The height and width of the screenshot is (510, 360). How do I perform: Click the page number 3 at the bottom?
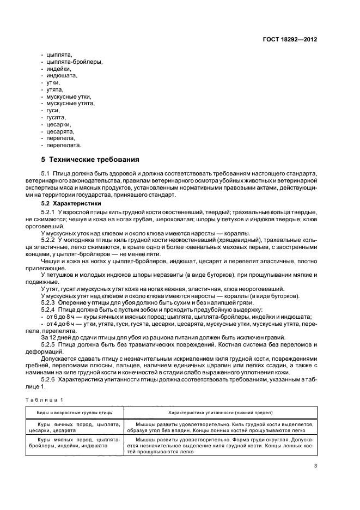(x=315, y=465)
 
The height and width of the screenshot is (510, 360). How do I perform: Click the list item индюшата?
(x=62, y=76)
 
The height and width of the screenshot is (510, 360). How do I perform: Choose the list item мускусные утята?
(x=71, y=104)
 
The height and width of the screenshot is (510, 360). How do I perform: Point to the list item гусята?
(x=56, y=117)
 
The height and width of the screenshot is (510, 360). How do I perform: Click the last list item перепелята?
(x=64, y=145)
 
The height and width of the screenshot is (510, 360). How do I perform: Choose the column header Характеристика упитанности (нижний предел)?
(x=221, y=413)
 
